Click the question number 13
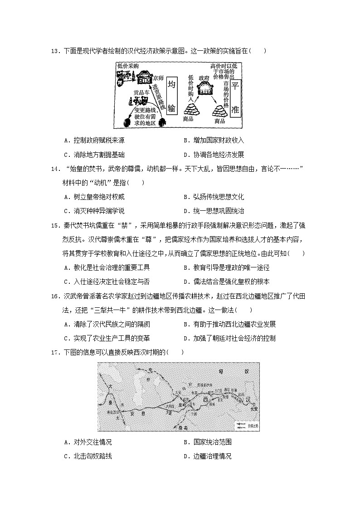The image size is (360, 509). click(x=55, y=51)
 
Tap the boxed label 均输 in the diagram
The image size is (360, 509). click(x=171, y=97)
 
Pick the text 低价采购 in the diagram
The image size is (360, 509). click(x=127, y=66)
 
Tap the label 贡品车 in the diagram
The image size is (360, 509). click(x=141, y=93)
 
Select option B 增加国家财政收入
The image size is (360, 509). click(x=214, y=141)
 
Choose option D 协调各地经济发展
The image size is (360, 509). click(x=214, y=155)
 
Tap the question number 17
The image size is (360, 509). click(x=55, y=352)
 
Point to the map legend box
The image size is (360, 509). click(x=246, y=425)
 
